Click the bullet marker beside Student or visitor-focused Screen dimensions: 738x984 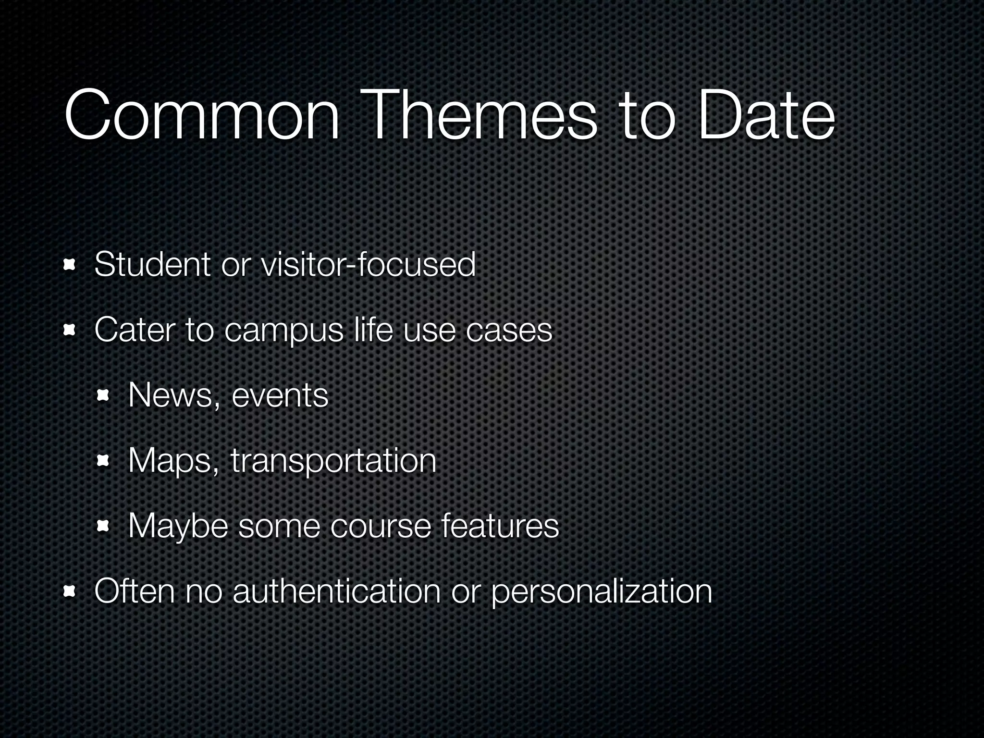[70, 265]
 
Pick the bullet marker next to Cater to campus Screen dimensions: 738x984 [70, 331]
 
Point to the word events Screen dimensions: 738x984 [280, 396]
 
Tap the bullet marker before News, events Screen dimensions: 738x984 [103, 396]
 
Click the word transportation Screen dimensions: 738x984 [333, 461]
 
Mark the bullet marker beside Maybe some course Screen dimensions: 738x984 [103, 527]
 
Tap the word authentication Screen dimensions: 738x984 [336, 591]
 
